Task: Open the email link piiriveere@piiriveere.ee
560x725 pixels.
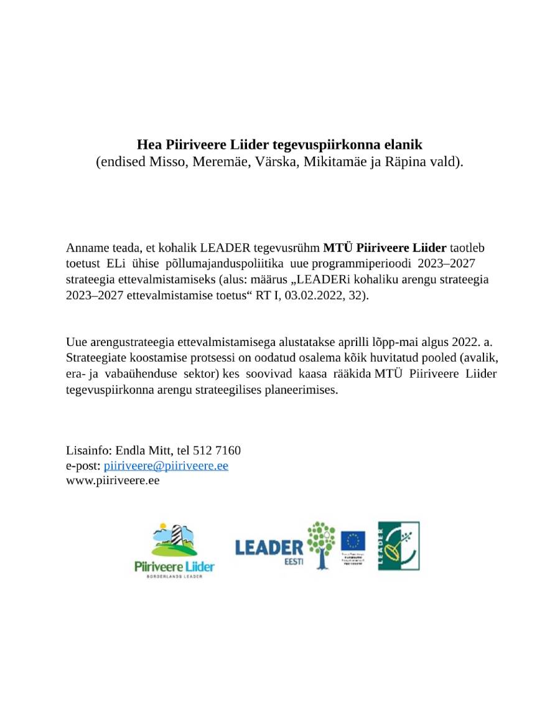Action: [x=166, y=466]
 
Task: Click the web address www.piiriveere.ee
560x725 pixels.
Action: [x=113, y=481]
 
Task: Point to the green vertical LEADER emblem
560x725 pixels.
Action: [x=398, y=546]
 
